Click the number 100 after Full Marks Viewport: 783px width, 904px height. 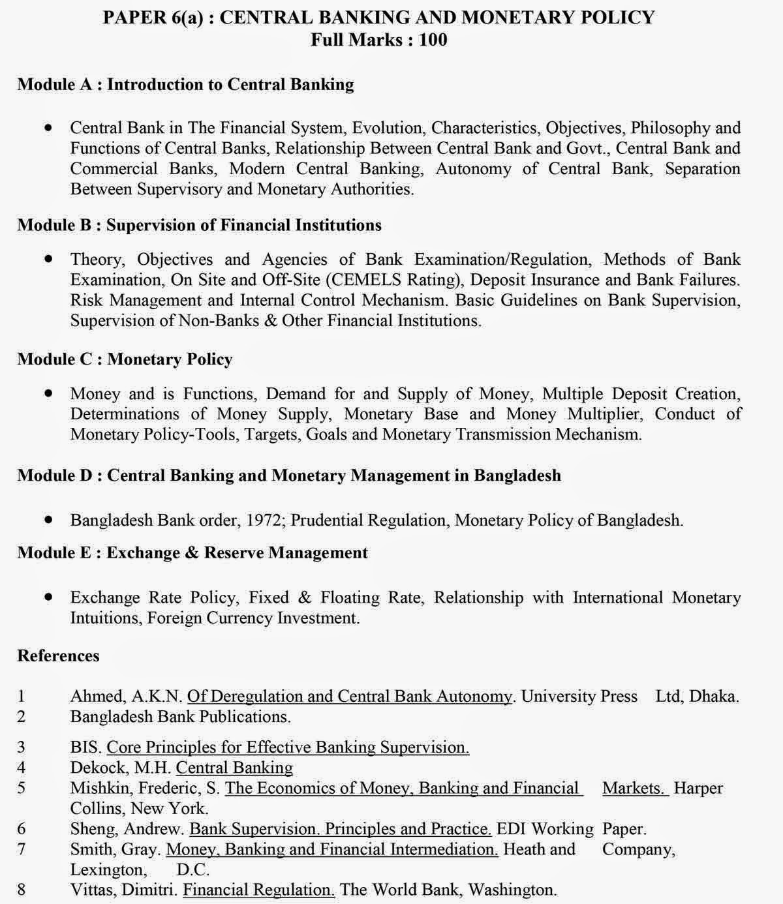[433, 40]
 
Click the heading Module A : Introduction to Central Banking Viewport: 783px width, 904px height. [185, 84]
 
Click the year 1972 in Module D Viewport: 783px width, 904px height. [266, 520]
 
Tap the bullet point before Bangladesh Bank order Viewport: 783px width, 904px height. [49, 520]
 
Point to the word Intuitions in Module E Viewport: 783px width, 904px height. [105, 618]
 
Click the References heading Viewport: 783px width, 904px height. [58, 655]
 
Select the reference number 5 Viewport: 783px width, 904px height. [22, 788]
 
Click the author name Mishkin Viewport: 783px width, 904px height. [100, 788]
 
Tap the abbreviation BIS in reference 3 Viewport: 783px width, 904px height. [85, 747]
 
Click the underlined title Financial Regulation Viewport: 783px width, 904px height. [258, 890]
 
